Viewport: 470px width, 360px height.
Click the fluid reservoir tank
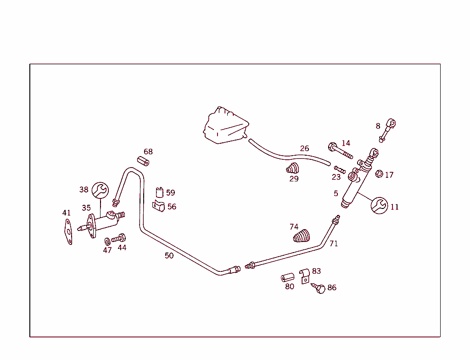(226, 126)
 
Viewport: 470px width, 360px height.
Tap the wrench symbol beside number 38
(100, 190)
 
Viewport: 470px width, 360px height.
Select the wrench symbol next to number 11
(379, 206)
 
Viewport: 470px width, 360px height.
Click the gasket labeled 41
(69, 231)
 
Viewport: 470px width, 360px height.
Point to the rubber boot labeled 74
(301, 236)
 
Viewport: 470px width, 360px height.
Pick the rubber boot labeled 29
(292, 169)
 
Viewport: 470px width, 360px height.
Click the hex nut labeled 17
(379, 174)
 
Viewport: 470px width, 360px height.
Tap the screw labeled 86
(319, 288)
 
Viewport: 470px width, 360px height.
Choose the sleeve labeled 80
(287, 277)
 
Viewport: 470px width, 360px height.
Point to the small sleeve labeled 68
(143, 161)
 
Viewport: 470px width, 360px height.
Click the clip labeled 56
(158, 206)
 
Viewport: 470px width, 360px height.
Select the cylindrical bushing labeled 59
(159, 192)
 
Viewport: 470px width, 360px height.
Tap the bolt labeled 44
(119, 238)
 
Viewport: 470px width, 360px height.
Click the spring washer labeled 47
(107, 241)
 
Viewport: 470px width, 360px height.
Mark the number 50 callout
(169, 256)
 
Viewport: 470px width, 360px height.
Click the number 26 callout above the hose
(305, 148)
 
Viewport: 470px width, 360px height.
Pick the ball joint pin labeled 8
(387, 130)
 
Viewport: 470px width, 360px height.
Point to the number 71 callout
(334, 244)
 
